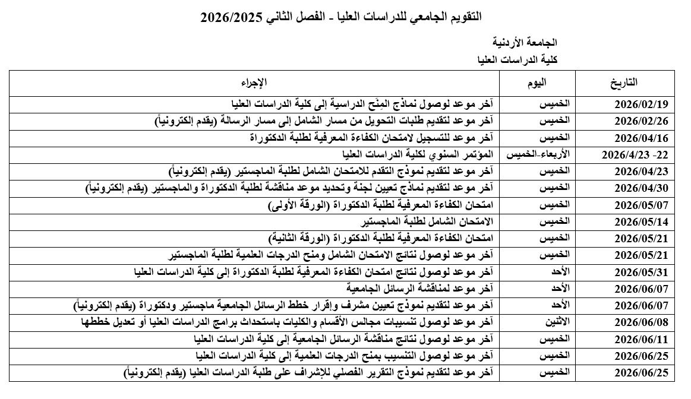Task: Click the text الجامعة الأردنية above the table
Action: (525, 43)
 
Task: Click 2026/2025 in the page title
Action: (227, 16)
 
